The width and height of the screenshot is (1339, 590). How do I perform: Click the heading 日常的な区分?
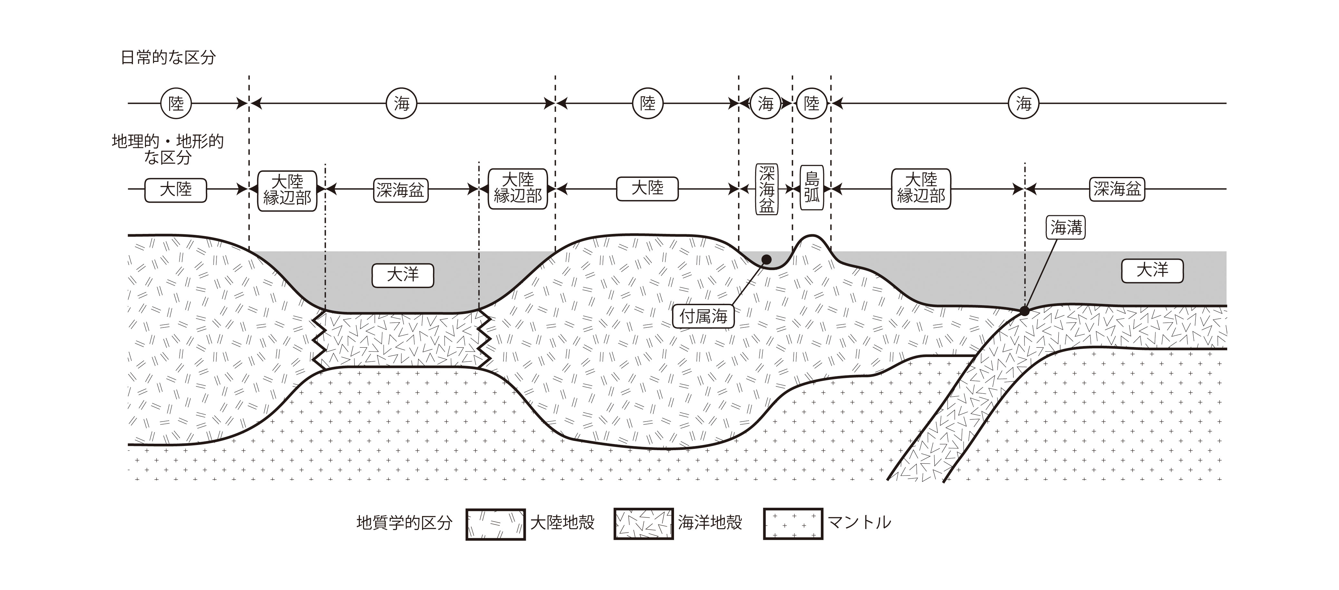168,57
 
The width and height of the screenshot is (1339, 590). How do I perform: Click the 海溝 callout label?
1065,228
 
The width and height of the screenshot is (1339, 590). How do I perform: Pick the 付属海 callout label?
703,315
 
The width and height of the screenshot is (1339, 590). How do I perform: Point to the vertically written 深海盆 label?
766,189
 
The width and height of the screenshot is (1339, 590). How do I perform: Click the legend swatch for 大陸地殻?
496,524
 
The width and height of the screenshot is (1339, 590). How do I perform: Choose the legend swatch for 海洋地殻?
643,524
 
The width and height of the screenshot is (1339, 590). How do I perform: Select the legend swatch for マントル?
793,524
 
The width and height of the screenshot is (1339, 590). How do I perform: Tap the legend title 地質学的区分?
404,523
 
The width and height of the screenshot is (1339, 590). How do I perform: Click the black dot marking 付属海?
766,259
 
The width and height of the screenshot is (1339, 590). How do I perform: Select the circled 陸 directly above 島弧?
811,103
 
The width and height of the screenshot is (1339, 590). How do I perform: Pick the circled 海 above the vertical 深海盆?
766,103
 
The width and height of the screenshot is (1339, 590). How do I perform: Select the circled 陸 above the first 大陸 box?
176,103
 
